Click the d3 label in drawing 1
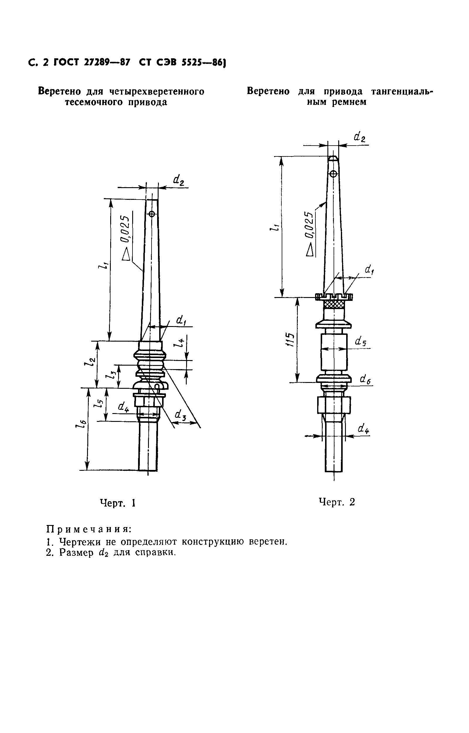coord(180,415)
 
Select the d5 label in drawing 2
coord(361,342)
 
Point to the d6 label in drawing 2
coord(365,379)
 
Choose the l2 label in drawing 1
coord(91,361)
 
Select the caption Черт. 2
coord(337,502)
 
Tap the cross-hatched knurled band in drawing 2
coord(334,304)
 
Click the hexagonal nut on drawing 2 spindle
coord(334,405)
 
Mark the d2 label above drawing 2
coord(360,137)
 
